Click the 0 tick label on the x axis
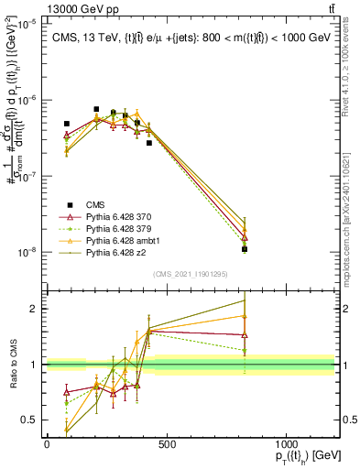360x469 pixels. coord(47,443)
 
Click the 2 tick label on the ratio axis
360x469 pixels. coord(33,309)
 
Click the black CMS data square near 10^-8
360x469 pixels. coord(245,249)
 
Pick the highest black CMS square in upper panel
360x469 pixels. coord(96,109)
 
